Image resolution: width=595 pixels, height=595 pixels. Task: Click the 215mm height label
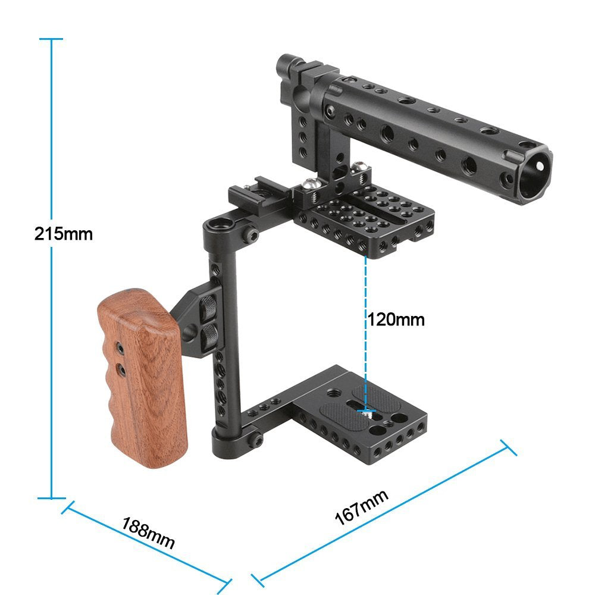(63, 233)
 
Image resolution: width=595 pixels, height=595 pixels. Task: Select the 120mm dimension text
(395, 320)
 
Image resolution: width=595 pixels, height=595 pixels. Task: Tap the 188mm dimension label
(148, 533)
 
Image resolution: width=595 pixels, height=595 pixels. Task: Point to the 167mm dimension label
(361, 506)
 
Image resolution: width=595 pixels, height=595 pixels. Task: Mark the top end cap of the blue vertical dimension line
(52, 39)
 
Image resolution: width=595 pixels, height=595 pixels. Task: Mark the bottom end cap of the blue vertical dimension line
(52, 498)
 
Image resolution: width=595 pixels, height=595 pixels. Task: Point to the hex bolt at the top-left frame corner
(253, 237)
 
